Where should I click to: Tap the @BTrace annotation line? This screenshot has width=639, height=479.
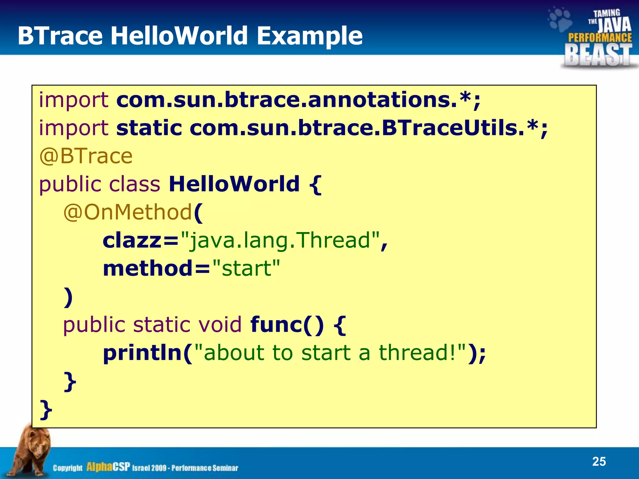86,156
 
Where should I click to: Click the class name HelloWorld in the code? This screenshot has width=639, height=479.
234,184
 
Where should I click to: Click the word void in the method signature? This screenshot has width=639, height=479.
220,324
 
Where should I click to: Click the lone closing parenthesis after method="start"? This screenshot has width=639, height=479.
68,297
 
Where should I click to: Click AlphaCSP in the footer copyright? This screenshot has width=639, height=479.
108,467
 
